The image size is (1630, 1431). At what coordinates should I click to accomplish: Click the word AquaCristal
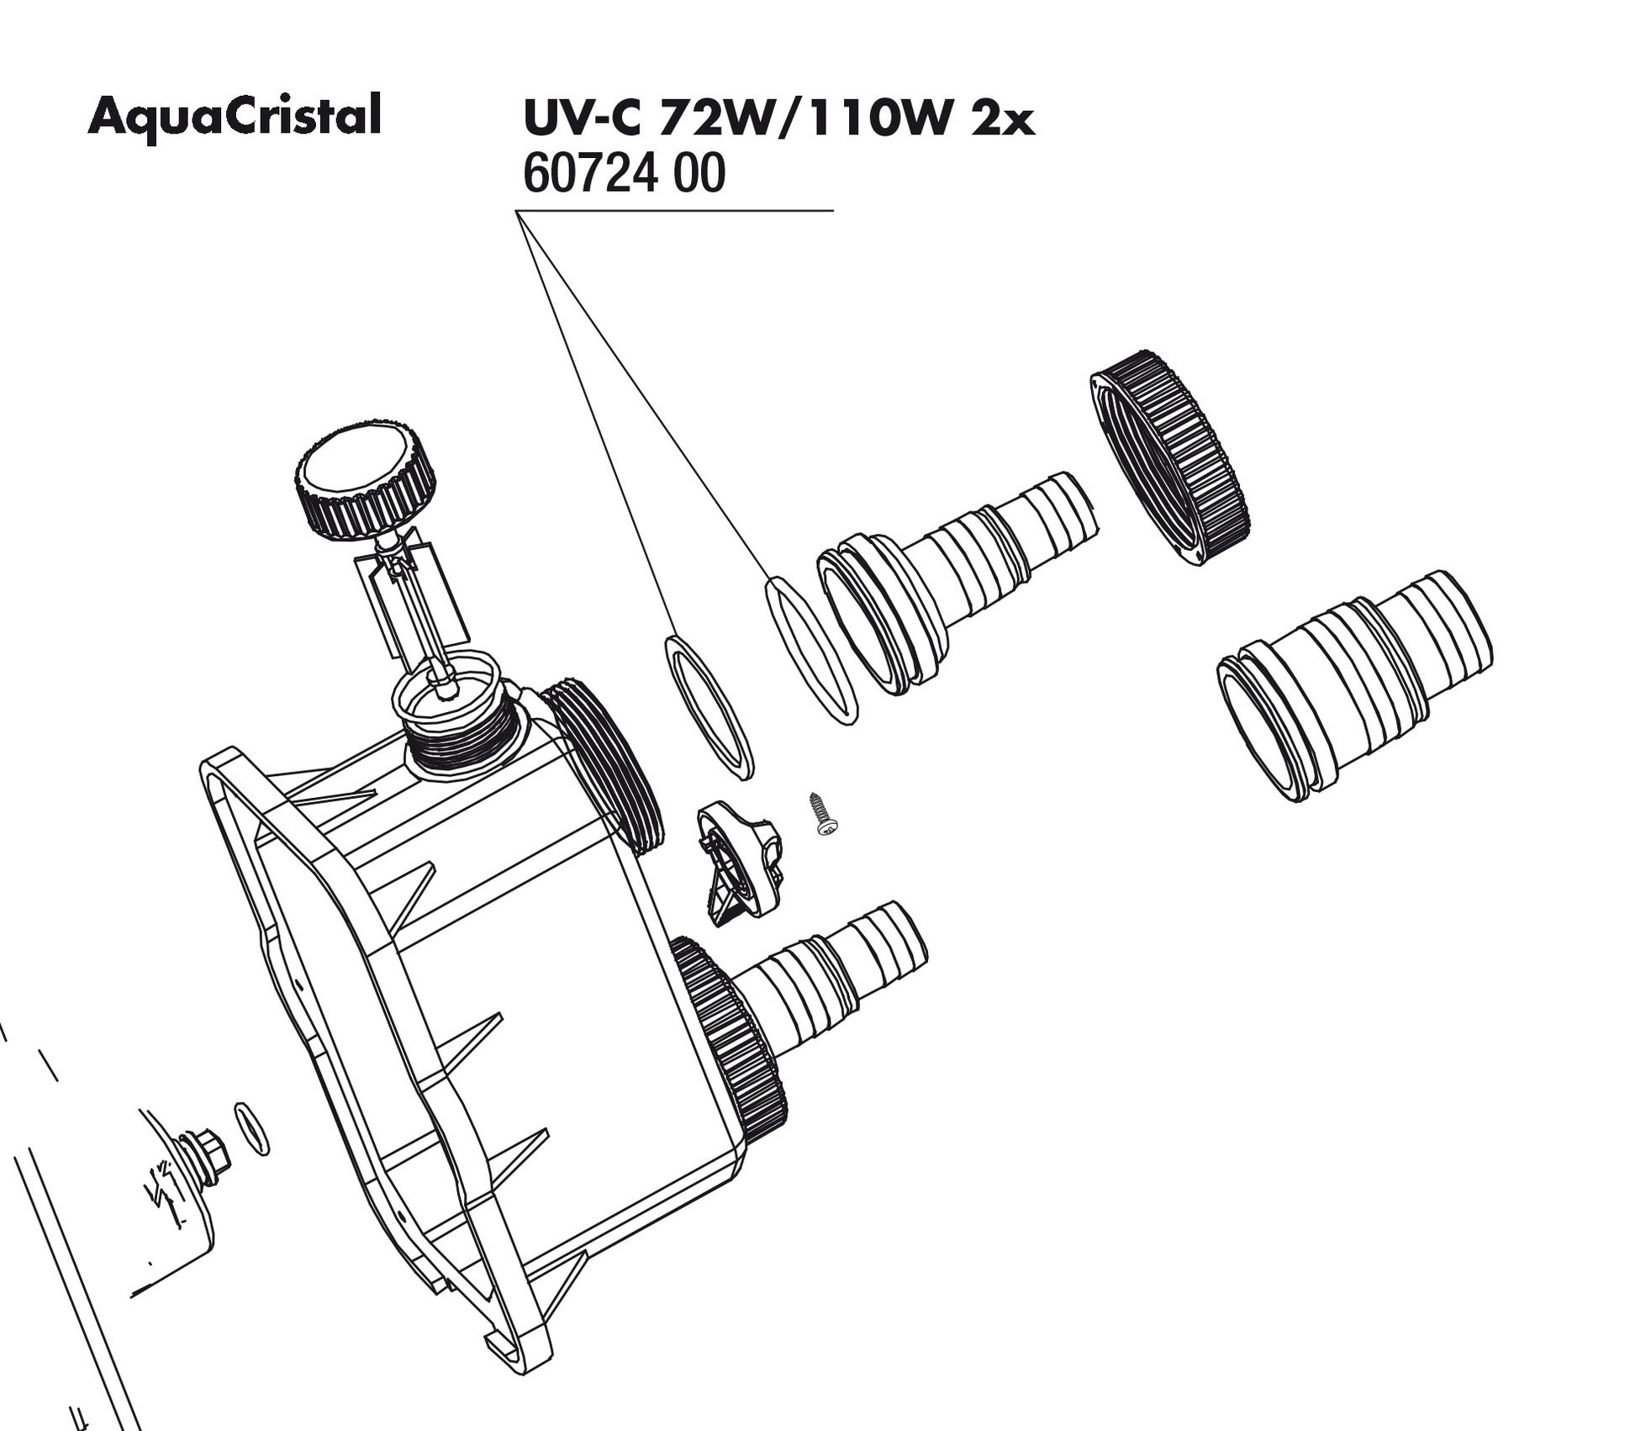point(235,116)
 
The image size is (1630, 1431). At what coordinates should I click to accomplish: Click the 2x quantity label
point(1001,119)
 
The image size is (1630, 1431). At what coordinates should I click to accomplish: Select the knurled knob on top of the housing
point(363,481)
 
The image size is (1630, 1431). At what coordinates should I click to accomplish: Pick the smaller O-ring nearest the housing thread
point(709,706)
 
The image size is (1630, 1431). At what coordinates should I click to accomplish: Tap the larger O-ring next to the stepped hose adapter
point(810,649)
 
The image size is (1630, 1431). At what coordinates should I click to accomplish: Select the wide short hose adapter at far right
point(1353,683)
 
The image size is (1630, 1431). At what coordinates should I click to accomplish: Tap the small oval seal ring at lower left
point(251,1128)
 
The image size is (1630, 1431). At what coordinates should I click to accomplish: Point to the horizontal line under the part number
point(673,210)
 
